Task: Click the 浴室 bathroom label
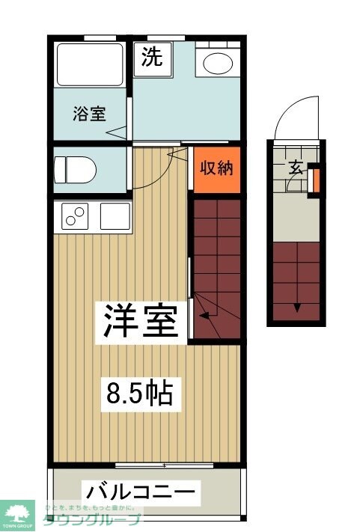click(x=89, y=114)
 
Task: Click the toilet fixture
click(x=76, y=169)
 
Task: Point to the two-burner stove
click(x=75, y=217)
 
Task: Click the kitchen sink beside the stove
click(x=115, y=217)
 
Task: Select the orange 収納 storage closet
click(x=216, y=168)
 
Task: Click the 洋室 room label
click(x=140, y=322)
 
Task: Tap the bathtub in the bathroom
click(x=90, y=65)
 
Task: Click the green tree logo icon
click(x=19, y=515)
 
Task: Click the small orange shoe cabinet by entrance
click(x=315, y=180)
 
